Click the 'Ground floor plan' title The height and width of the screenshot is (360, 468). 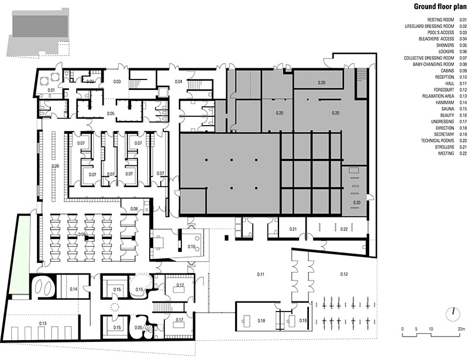tap(440, 6)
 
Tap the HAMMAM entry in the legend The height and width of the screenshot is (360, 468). tap(445, 103)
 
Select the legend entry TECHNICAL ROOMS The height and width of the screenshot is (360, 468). tap(438, 141)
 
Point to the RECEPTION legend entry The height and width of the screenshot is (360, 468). tap(445, 77)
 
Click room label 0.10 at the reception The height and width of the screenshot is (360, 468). tap(191, 247)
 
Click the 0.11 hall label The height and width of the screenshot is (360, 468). tap(260, 275)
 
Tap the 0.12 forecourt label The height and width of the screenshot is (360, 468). tap(344, 274)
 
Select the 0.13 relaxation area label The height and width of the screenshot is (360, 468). tap(42, 323)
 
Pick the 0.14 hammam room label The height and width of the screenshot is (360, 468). tap(74, 289)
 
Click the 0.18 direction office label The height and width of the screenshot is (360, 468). tap(261, 321)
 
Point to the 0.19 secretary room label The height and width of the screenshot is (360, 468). tap(302, 321)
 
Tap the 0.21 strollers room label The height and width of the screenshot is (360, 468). tap(293, 229)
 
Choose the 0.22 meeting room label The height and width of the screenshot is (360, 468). tap(344, 229)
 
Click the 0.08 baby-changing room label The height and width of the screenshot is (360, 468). tap(134, 209)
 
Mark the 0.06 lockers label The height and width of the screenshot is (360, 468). tap(55, 166)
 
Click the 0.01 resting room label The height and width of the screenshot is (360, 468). tap(51, 90)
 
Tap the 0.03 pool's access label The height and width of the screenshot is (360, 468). tap(117, 81)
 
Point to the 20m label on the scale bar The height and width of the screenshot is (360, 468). tap(462, 329)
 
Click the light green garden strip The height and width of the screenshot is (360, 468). tap(19, 254)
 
